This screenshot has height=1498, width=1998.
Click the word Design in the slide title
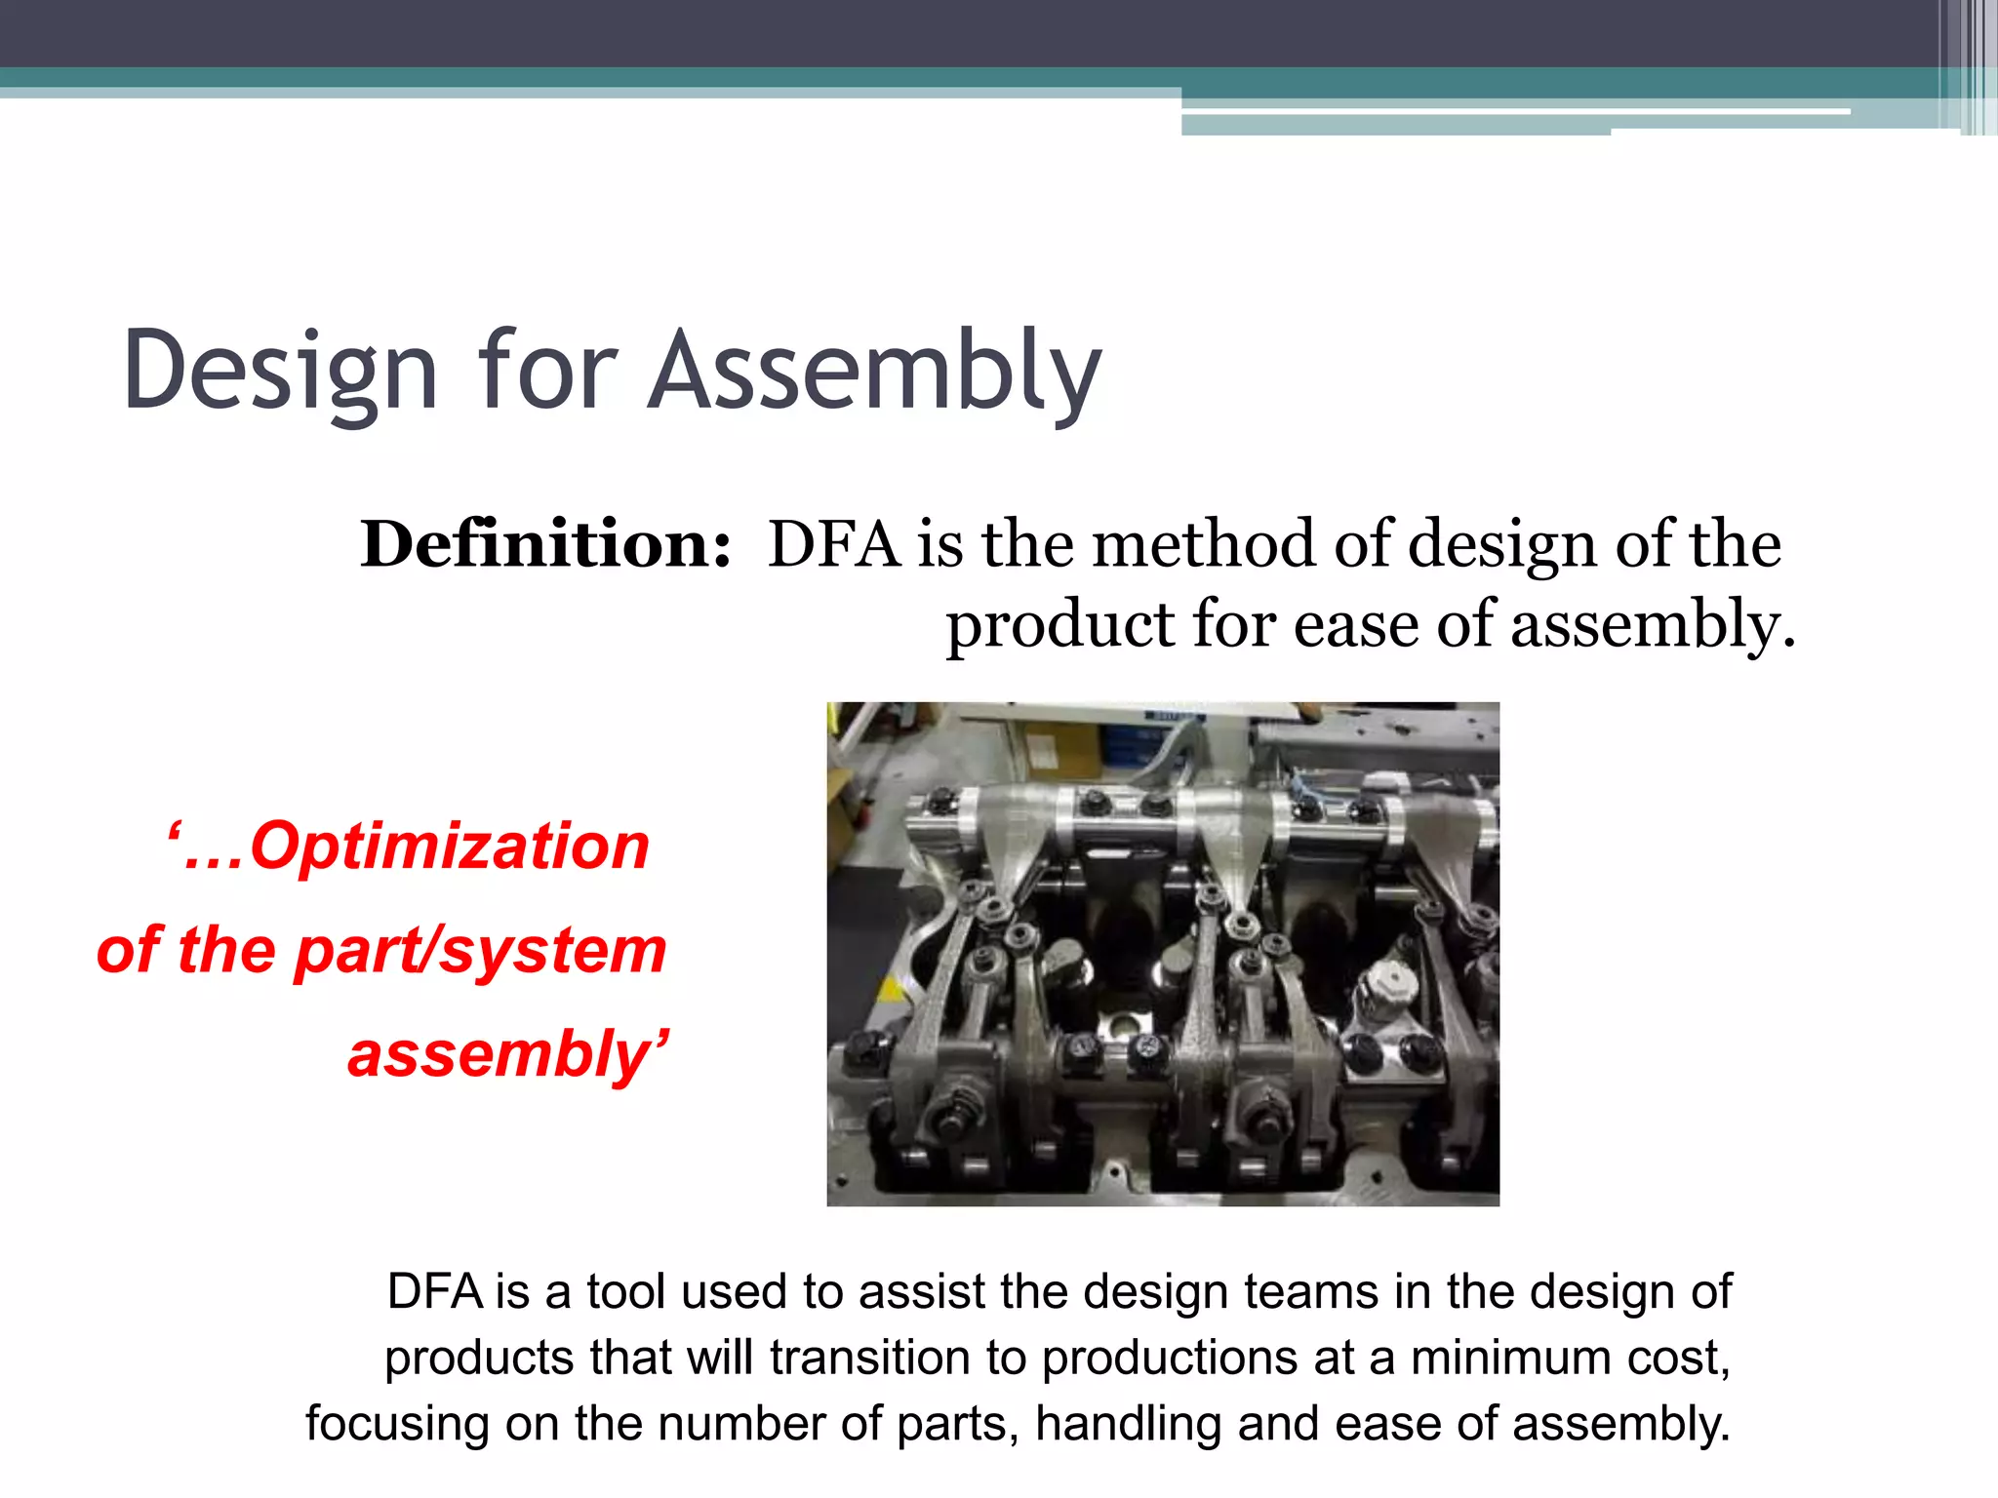coord(280,372)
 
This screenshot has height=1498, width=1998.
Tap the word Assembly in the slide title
coord(875,372)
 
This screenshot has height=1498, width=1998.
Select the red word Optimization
coord(449,846)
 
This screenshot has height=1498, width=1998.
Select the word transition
coord(898,1358)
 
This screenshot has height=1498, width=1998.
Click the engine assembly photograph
coord(1163,954)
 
